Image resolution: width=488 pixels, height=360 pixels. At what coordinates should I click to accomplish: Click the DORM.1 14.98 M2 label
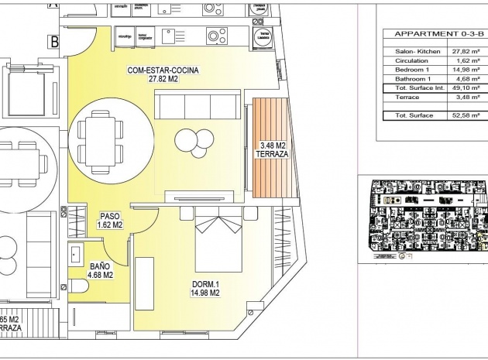[205, 288]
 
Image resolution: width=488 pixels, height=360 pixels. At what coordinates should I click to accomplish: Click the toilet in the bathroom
[80, 289]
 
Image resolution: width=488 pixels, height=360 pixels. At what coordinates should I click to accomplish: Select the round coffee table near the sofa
[187, 139]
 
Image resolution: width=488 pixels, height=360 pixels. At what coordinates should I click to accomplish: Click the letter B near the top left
[54, 43]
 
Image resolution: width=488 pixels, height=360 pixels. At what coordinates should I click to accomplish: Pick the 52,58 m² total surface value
[464, 115]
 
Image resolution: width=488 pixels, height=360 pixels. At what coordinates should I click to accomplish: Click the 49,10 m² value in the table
[464, 88]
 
